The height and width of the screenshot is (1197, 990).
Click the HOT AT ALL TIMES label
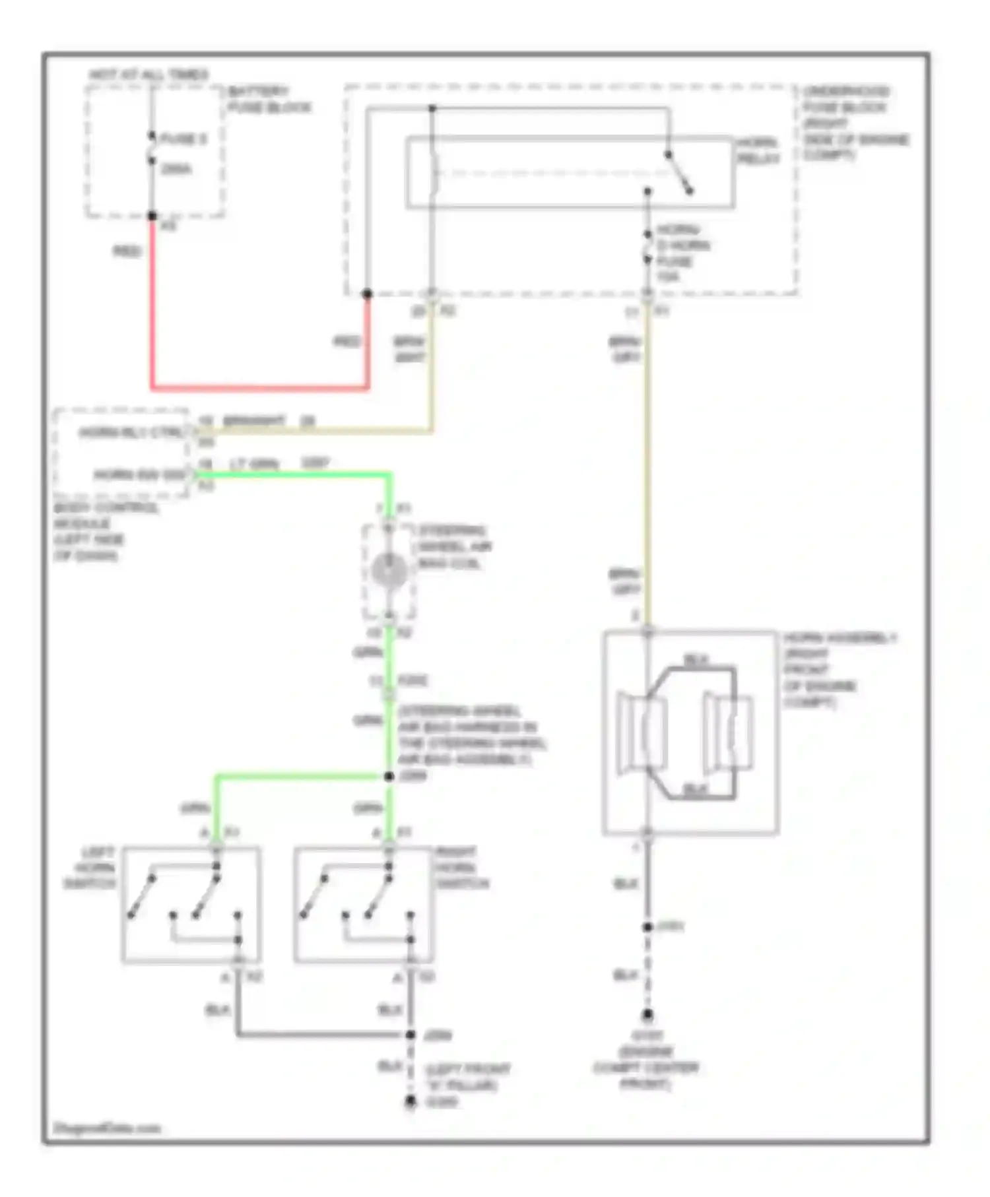point(148,75)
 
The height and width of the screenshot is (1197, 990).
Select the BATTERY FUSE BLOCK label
point(269,99)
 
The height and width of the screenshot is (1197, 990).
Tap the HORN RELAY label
point(758,150)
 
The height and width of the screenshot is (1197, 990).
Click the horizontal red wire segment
point(259,387)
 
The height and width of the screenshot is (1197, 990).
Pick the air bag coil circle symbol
point(389,571)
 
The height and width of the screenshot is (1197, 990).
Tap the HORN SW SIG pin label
point(139,475)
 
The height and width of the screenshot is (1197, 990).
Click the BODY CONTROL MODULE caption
point(106,532)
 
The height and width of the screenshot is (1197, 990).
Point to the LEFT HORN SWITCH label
point(91,867)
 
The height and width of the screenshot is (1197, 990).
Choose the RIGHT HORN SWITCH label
point(462,867)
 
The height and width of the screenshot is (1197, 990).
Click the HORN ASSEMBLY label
point(840,670)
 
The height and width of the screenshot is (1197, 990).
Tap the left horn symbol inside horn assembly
point(640,732)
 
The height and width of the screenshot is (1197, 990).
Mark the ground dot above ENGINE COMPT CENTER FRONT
point(647,1015)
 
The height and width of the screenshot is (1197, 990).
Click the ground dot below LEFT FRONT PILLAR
point(411,1101)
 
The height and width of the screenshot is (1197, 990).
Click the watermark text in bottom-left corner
point(107,1128)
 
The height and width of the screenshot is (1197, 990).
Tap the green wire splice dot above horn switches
point(389,777)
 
